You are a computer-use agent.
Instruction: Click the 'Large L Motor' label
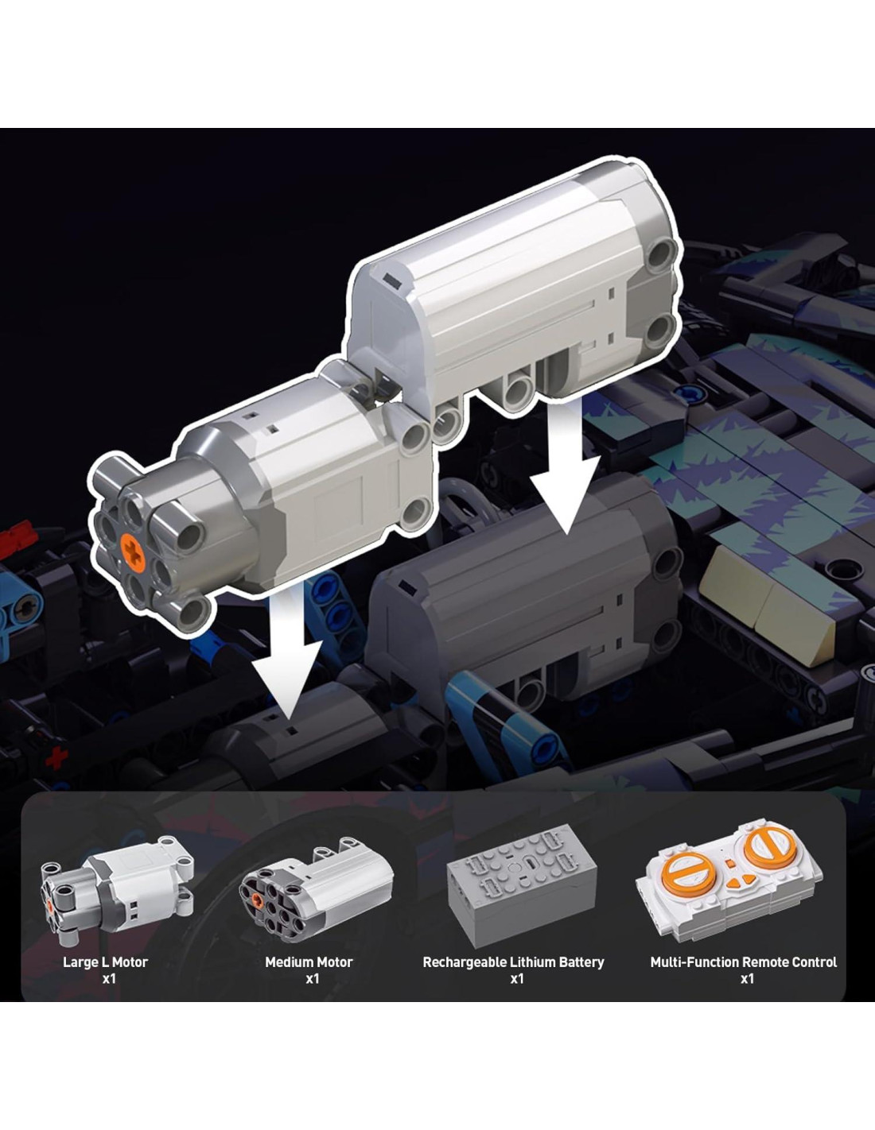click(x=105, y=962)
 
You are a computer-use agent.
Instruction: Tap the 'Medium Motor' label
click(x=309, y=962)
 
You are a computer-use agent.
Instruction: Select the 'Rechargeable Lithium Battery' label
click(x=513, y=962)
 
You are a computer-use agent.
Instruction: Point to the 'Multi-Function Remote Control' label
click(x=743, y=962)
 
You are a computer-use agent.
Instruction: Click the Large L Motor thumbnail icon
click(x=117, y=888)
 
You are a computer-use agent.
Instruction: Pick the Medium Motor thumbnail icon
click(x=316, y=890)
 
